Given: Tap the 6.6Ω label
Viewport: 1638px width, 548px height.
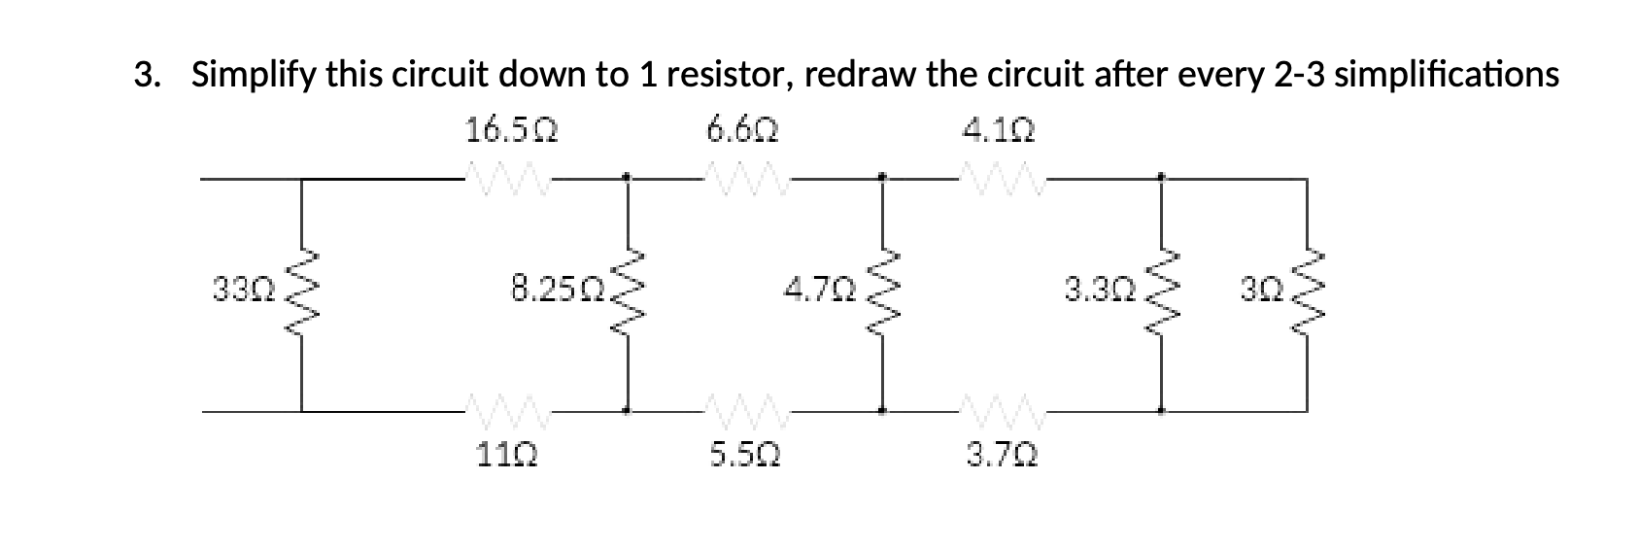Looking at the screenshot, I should pyautogui.click(x=743, y=129).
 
